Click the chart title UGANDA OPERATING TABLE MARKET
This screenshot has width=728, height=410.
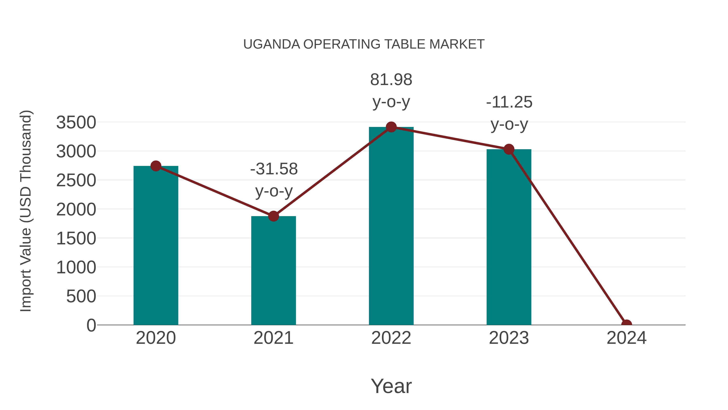pyautogui.click(x=364, y=44)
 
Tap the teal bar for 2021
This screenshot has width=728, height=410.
pyautogui.click(x=273, y=272)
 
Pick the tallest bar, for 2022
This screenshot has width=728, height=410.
pyautogui.click(x=391, y=226)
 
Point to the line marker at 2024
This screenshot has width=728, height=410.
pyautogui.click(x=626, y=324)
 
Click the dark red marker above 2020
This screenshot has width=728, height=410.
pyautogui.click(x=156, y=166)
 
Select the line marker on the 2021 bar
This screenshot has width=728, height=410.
pyautogui.click(x=273, y=216)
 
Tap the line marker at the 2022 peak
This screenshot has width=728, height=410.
pyautogui.click(x=391, y=127)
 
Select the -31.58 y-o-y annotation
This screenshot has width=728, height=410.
pyautogui.click(x=274, y=180)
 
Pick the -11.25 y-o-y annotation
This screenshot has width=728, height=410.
pyautogui.click(x=509, y=113)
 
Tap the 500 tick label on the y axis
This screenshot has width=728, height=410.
pyautogui.click(x=81, y=297)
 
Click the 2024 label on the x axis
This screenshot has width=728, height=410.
pyautogui.click(x=626, y=338)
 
